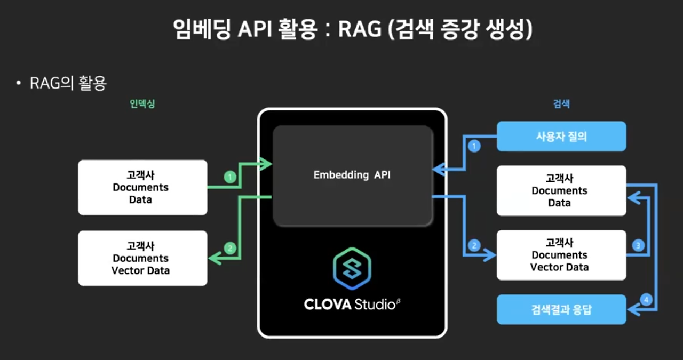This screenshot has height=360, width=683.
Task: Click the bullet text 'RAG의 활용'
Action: [x=68, y=83]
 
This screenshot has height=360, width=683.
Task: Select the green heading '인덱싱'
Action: [x=142, y=104]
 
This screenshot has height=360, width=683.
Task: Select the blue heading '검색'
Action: [x=561, y=104]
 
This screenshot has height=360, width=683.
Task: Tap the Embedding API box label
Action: [x=352, y=175]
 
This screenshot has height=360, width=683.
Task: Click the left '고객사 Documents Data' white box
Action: [x=142, y=188]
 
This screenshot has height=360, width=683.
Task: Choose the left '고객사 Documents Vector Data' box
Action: [x=142, y=258]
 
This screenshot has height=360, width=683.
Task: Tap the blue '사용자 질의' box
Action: [x=561, y=137]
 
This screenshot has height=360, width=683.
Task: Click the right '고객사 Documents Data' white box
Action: [x=561, y=190]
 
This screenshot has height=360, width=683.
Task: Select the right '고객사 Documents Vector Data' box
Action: [x=561, y=255]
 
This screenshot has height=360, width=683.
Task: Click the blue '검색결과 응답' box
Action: [x=561, y=309]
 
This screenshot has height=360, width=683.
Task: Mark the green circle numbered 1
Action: [x=230, y=177]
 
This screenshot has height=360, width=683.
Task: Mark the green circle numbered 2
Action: [x=230, y=248]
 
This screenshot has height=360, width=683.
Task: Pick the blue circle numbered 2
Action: [x=473, y=246]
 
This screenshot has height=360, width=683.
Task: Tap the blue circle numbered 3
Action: [x=638, y=246]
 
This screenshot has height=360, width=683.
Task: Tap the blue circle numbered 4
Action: [x=646, y=300]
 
